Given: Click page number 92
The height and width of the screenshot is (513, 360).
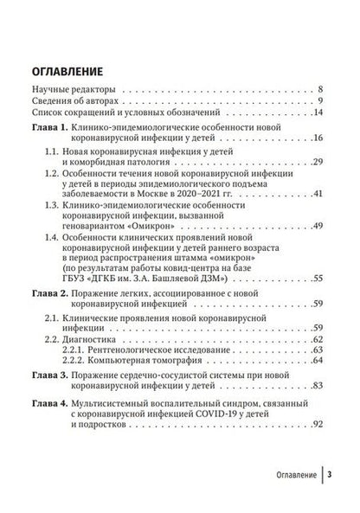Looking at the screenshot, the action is (317, 423).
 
